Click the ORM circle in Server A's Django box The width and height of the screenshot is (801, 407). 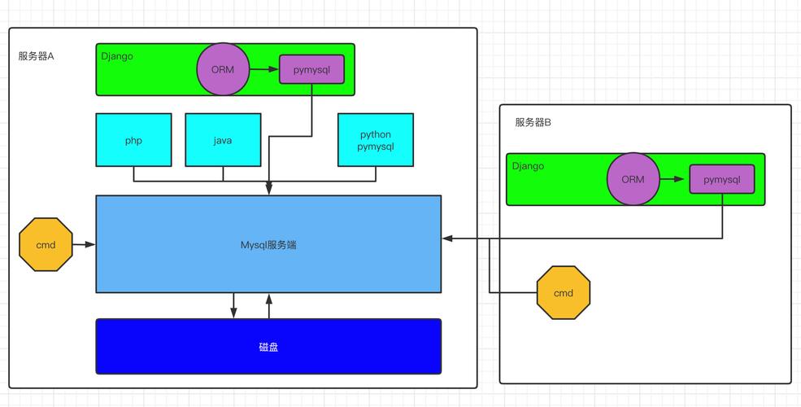(222, 70)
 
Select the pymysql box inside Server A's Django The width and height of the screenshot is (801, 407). (312, 70)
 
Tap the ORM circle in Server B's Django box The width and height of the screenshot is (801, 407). (633, 180)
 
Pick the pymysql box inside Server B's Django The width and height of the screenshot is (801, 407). (722, 180)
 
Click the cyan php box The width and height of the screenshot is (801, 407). (133, 141)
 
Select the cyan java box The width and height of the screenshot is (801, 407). (223, 141)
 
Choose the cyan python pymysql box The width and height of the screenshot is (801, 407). (376, 141)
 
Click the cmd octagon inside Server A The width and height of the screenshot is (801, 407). (46, 244)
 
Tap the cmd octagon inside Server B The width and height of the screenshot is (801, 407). (563, 293)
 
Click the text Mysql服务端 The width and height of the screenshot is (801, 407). (268, 244)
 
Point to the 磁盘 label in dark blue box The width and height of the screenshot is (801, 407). (268, 347)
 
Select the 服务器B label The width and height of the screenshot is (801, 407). (533, 123)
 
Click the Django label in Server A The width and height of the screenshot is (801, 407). (117, 56)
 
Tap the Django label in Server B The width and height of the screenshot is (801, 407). (528, 166)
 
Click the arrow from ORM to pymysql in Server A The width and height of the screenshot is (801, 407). (263, 70)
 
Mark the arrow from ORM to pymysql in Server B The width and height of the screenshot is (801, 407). (674, 180)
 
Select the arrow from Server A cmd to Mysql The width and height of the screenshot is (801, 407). (84, 244)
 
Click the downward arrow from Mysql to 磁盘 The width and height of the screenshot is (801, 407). (234, 305)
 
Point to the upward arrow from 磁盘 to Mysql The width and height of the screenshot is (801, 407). (268, 305)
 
